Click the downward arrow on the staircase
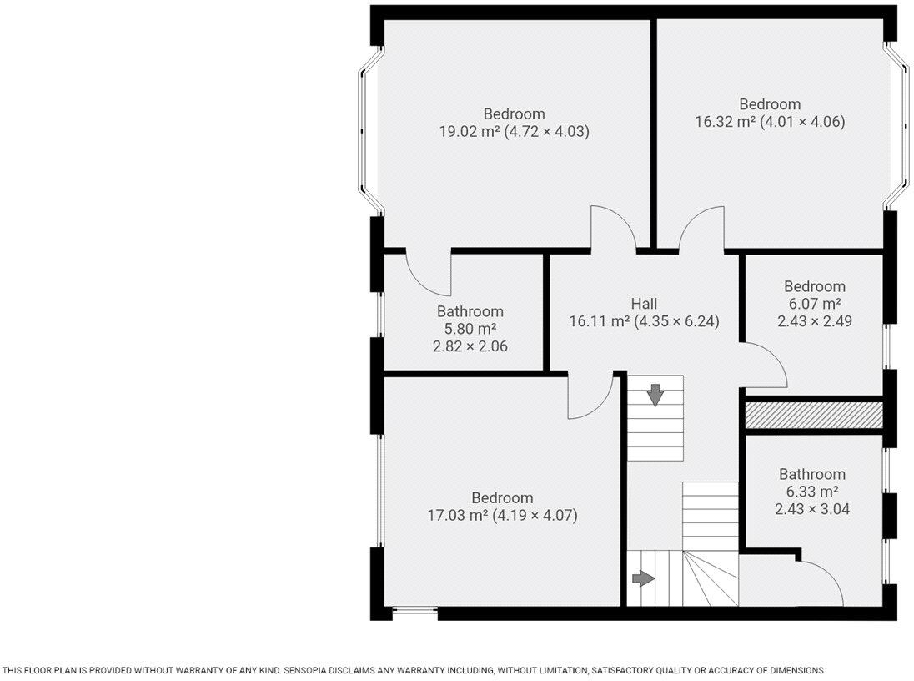[x=655, y=395]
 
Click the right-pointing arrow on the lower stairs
[x=643, y=578]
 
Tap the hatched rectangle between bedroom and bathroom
[x=813, y=416]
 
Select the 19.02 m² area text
[x=514, y=131]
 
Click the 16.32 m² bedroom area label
[x=770, y=122]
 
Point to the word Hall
[x=644, y=304]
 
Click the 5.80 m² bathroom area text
[x=470, y=329]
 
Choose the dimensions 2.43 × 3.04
[x=812, y=508]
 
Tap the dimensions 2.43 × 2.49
[x=814, y=320]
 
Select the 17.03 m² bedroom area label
[x=502, y=516]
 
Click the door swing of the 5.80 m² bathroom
[x=427, y=274]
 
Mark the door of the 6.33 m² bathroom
[x=821, y=581]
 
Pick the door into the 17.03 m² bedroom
[x=590, y=397]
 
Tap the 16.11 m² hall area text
[x=644, y=321]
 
